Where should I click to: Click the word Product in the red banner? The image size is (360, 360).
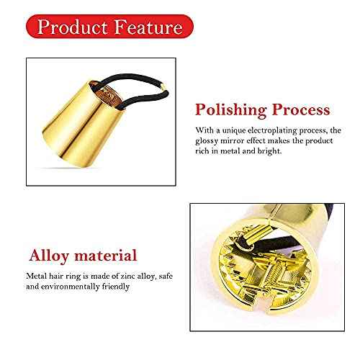[71, 28]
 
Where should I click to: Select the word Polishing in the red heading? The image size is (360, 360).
[230, 110]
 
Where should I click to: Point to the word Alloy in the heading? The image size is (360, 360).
[49, 256]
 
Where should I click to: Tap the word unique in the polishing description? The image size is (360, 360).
[228, 130]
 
